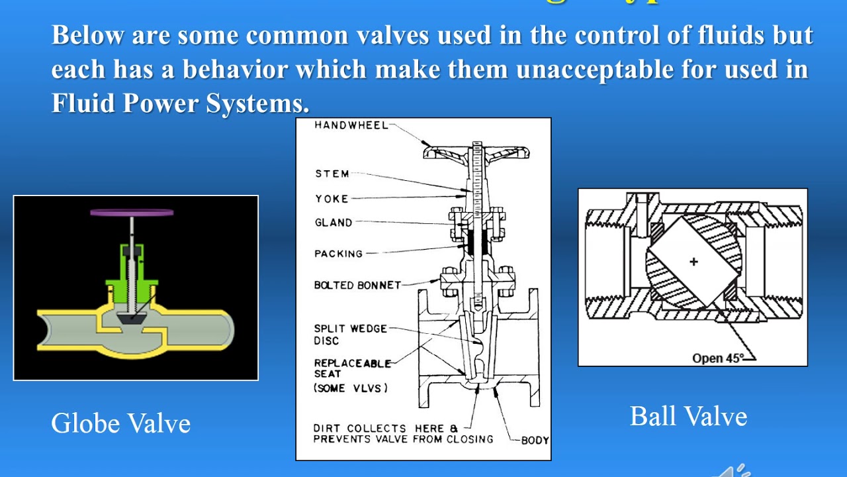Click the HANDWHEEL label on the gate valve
[351, 125]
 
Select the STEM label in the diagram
[332, 174]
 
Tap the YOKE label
[332, 198]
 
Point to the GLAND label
[334, 223]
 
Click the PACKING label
[339, 254]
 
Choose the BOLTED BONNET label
[357, 286]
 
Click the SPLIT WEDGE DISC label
[350, 335]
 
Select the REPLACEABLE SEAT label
[352, 368]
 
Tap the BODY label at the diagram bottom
[534, 440]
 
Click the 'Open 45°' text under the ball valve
[718, 358]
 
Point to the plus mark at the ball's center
[693, 262]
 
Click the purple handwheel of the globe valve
[132, 213]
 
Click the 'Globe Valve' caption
[121, 423]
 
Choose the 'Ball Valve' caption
[688, 417]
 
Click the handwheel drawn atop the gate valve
[476, 152]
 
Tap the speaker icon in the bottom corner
[735, 471]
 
